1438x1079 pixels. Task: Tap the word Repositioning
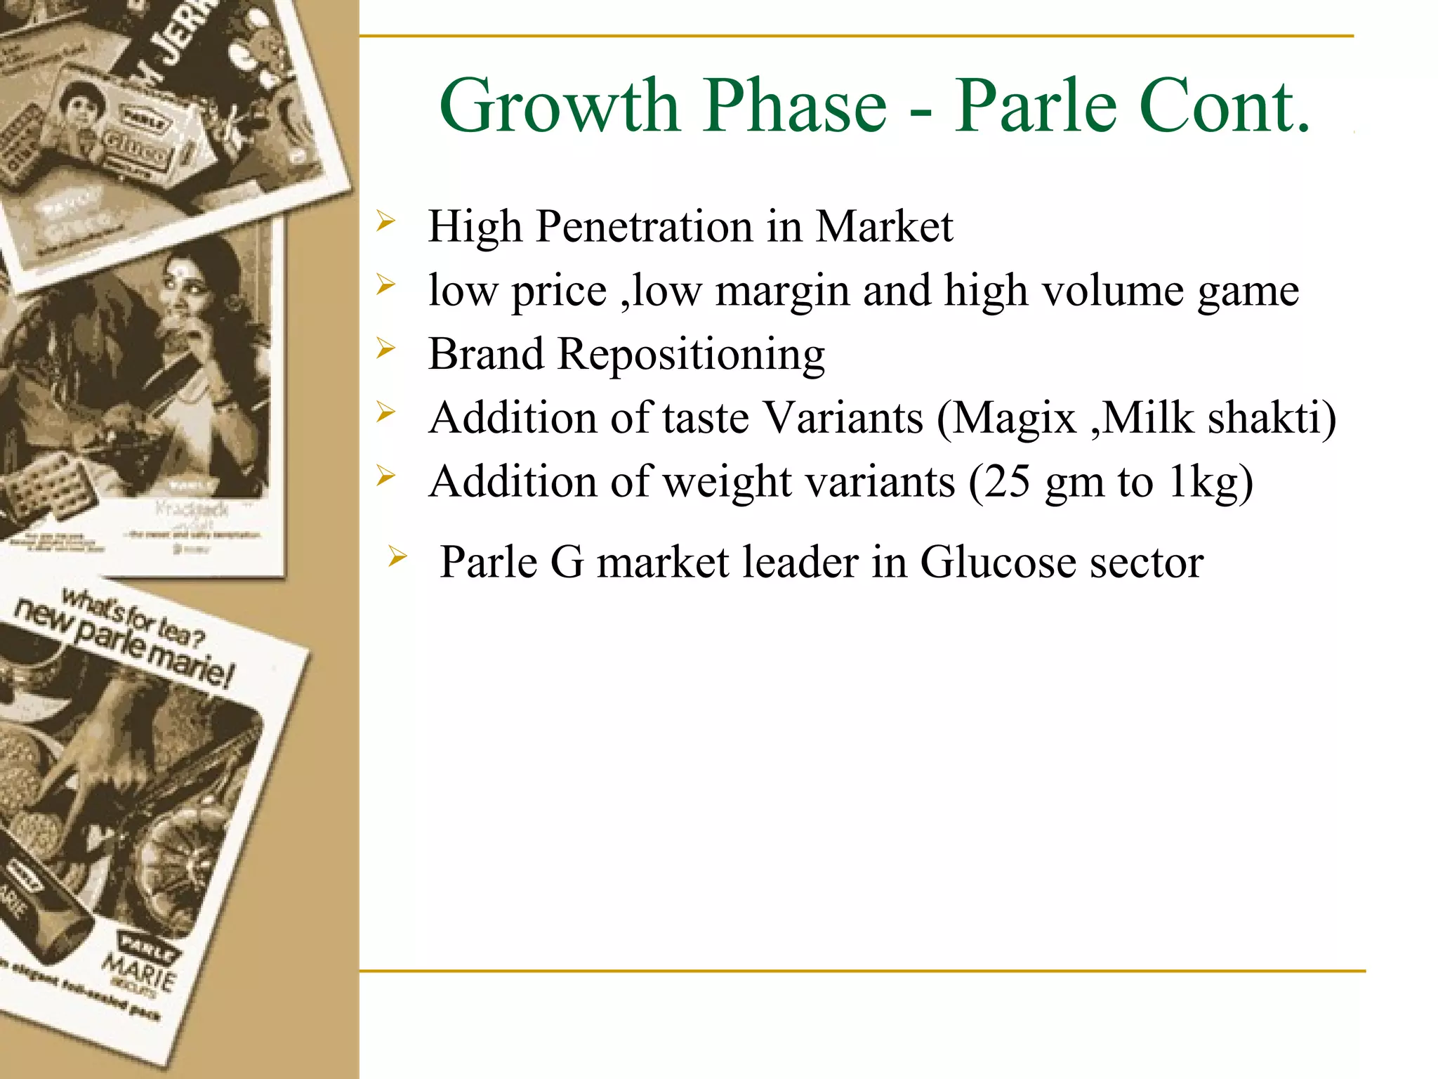[x=691, y=355]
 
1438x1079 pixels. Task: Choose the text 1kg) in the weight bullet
[x=1211, y=482]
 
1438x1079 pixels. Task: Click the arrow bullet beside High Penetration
[x=386, y=222]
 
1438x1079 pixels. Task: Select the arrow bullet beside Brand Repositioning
[x=386, y=349]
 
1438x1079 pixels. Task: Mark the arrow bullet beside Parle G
[x=397, y=558]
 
